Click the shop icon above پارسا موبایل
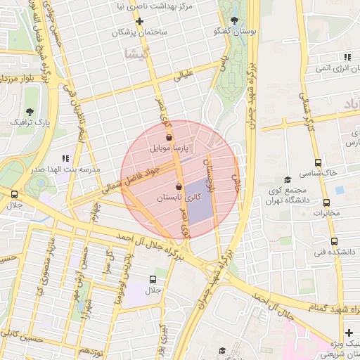coord(169,138)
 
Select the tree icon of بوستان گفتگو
coord(234,20)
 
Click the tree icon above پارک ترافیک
coord(30,111)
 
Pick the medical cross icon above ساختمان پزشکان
coord(140,21)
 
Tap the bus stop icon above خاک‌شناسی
coord(319,162)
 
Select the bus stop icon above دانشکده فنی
coord(335,240)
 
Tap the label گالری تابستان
coord(179,198)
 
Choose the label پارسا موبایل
coord(169,149)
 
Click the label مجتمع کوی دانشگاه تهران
coord(289,195)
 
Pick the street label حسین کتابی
coord(15,337)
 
